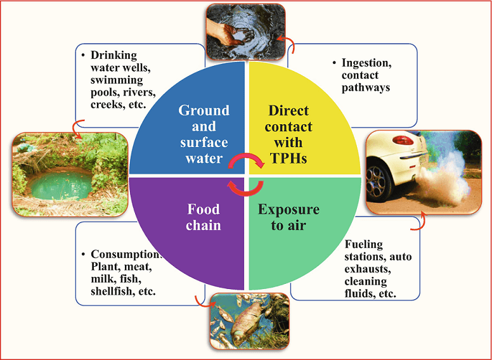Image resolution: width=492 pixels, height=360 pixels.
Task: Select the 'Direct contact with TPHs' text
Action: tap(288, 135)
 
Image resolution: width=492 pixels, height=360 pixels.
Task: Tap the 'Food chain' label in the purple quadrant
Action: tap(204, 217)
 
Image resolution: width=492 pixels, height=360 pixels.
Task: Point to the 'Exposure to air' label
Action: tap(288, 217)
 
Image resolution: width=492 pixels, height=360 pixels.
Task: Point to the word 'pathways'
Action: tap(366, 87)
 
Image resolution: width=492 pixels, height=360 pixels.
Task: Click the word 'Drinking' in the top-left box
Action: tap(113, 55)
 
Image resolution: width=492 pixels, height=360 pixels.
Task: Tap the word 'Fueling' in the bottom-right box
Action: tap(364, 244)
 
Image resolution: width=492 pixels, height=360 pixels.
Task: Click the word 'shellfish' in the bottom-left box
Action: tap(110, 292)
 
